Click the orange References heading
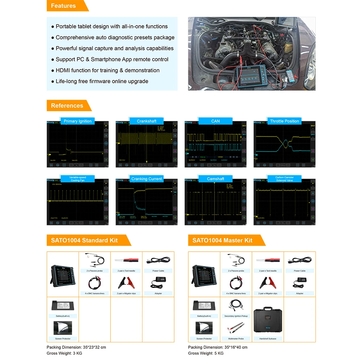click(x=67, y=105)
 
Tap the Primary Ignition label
click(x=78, y=121)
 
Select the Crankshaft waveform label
click(x=147, y=121)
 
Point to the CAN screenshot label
click(x=215, y=121)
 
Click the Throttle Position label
click(x=284, y=121)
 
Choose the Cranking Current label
click(x=147, y=179)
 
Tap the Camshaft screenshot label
click(x=215, y=179)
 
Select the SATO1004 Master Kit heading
click(x=222, y=240)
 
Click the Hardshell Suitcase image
click(x=267, y=321)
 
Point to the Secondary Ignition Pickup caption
click(x=236, y=316)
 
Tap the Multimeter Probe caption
click(x=236, y=338)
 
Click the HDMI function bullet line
click(x=107, y=70)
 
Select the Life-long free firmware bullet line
click(x=102, y=81)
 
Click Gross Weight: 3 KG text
click(x=64, y=353)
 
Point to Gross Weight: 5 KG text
click(x=206, y=353)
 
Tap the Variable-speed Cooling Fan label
click(x=78, y=179)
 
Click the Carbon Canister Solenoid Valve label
click(x=284, y=179)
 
